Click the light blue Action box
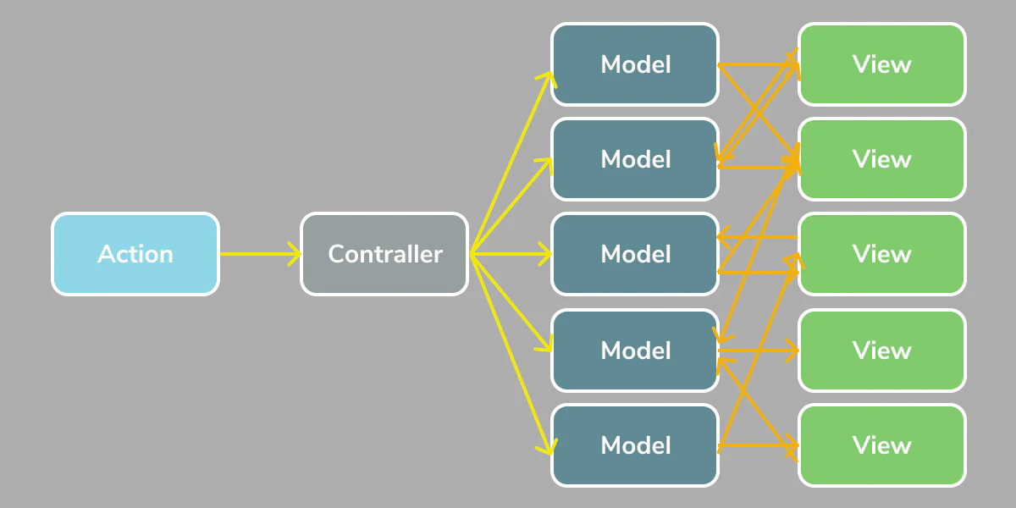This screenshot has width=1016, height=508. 135,254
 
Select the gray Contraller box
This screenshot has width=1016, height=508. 384,254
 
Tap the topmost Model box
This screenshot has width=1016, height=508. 635,64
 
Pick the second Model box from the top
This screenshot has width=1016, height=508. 635,159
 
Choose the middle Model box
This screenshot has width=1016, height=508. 635,254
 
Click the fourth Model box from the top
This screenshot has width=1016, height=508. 635,351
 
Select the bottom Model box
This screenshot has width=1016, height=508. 635,445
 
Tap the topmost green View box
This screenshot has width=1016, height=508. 881,64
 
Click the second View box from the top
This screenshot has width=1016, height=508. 881,159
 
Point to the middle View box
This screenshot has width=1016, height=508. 881,254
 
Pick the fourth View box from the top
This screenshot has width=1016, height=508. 881,351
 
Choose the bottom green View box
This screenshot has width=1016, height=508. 881,445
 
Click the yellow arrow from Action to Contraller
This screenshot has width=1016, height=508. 258,253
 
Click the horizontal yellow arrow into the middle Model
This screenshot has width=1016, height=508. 512,253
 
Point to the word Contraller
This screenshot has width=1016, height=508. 384,254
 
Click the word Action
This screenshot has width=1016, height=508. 135,254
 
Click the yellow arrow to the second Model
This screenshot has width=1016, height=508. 512,206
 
